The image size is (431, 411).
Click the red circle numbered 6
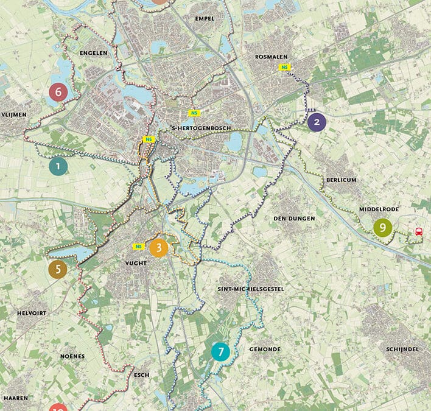pyautogui.click(x=58, y=93)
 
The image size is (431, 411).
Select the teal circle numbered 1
pyautogui.click(x=58, y=166)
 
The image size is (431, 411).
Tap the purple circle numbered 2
pyautogui.click(x=316, y=122)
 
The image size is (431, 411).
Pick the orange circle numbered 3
pyautogui.click(x=158, y=248)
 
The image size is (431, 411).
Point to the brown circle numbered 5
pyautogui.click(x=58, y=269)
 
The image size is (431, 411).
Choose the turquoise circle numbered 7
pyautogui.click(x=220, y=352)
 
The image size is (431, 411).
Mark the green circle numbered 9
pyautogui.click(x=382, y=228)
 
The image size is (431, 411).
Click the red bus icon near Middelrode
pyautogui.click(x=419, y=231)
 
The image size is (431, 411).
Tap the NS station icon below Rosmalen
pyautogui.click(x=284, y=67)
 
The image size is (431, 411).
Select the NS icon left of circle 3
pyautogui.click(x=139, y=247)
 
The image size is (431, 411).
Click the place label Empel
pyautogui.click(x=205, y=19)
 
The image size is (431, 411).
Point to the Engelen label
pyautogui.click(x=94, y=53)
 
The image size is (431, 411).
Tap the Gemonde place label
pyautogui.click(x=265, y=350)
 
